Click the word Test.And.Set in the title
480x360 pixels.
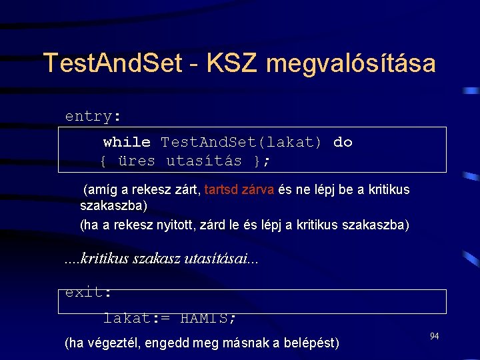click(112, 64)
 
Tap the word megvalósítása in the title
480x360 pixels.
click(351, 64)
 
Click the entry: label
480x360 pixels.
click(93, 116)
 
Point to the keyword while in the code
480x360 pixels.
click(127, 142)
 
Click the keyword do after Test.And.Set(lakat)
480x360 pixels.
click(343, 142)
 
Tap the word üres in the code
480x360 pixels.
click(136, 161)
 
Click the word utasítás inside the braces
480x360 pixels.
click(204, 161)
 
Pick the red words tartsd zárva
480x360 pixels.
click(239, 189)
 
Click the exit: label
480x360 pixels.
click(87, 292)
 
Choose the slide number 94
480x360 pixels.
click(434, 337)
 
